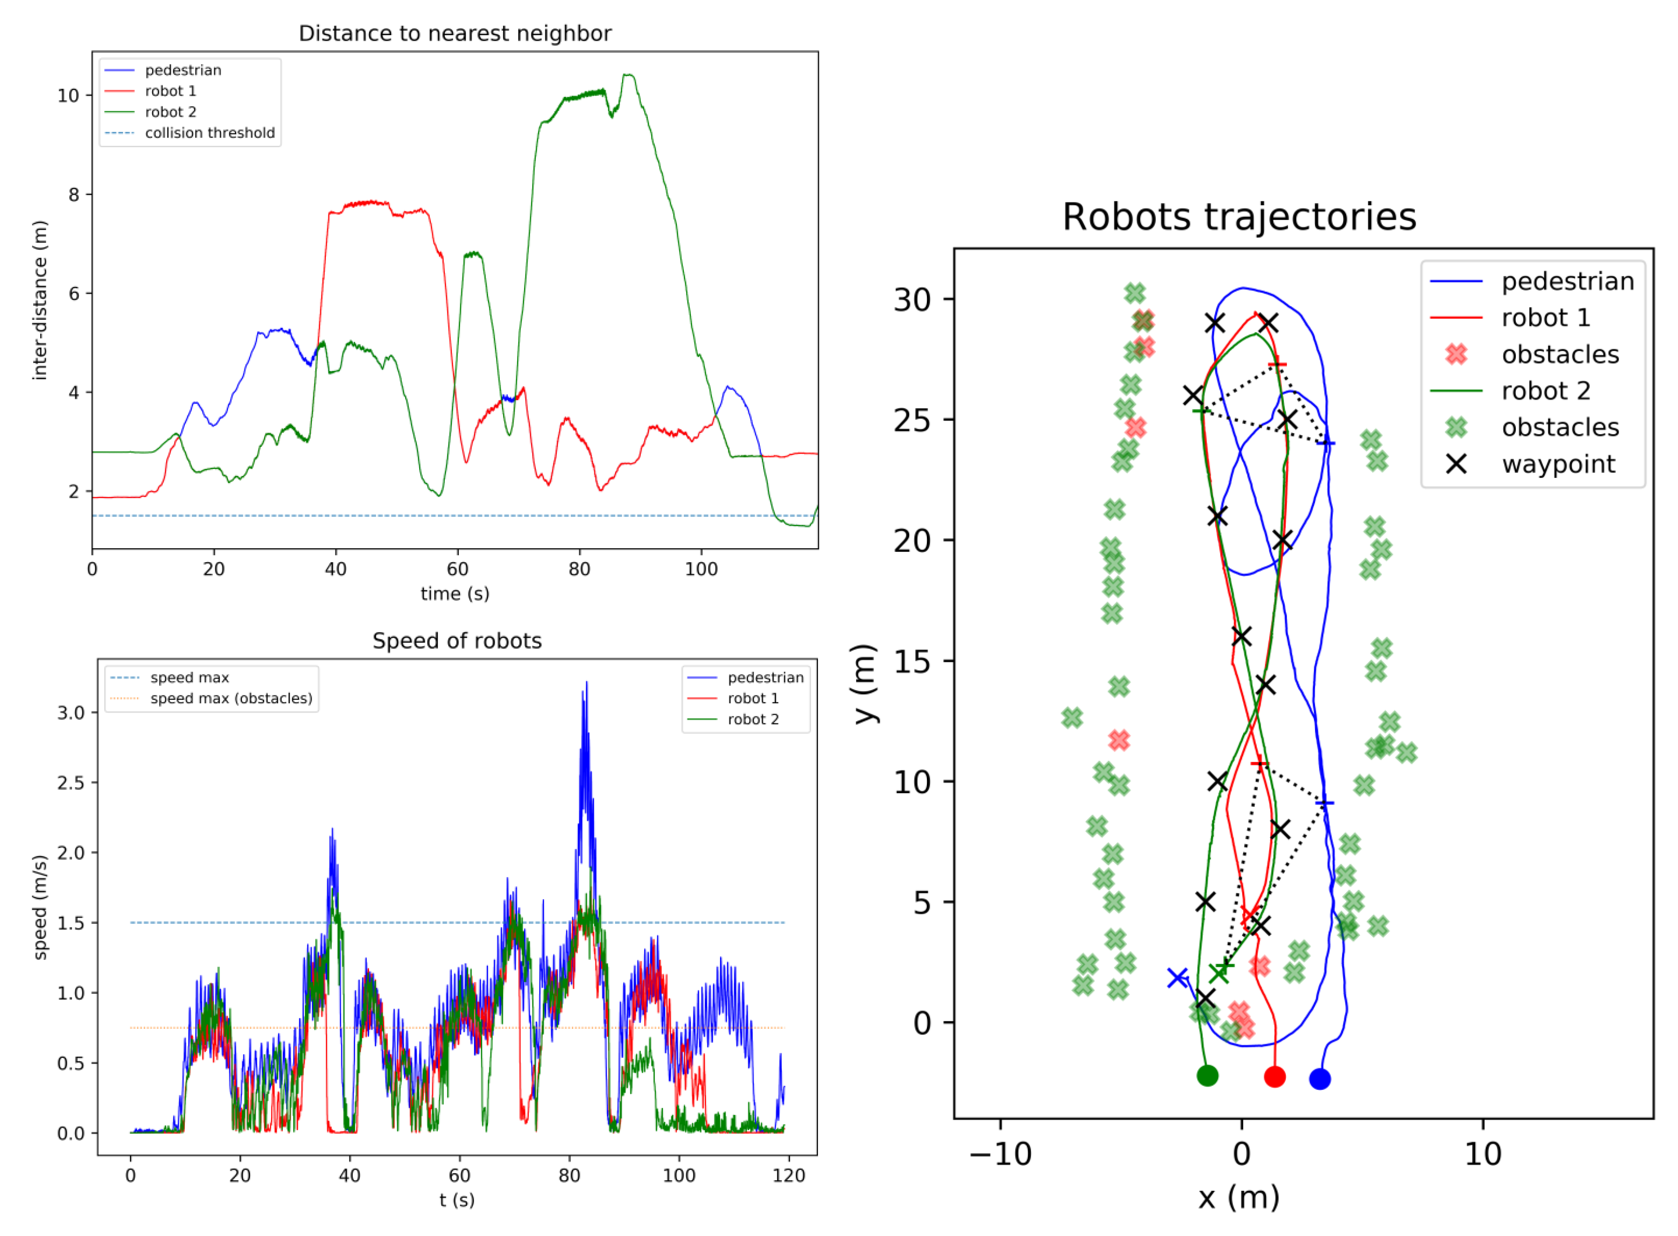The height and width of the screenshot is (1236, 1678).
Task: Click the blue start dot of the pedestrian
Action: point(1319,1079)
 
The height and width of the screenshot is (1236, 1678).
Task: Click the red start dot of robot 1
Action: point(1274,1077)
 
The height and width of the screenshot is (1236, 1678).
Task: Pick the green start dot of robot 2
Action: point(1207,1076)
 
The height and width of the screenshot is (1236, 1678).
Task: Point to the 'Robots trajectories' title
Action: point(1238,217)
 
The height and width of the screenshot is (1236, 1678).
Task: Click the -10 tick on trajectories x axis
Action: point(1000,1155)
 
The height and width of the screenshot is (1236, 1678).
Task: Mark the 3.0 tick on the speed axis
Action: point(71,712)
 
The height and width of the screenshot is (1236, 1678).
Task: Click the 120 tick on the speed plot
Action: point(788,1175)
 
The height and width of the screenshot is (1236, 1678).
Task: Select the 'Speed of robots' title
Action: point(456,641)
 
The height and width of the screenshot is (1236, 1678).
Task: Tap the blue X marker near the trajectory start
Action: point(1177,977)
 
